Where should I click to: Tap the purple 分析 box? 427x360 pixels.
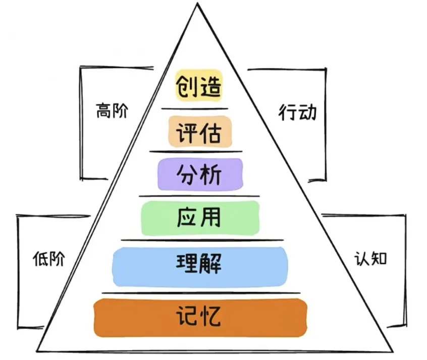click(200, 174)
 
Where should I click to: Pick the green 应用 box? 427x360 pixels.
click(200, 218)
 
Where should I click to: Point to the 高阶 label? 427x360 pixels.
click(112, 111)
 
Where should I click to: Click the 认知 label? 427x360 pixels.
click(370, 259)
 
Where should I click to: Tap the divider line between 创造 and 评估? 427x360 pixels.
click(194, 108)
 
